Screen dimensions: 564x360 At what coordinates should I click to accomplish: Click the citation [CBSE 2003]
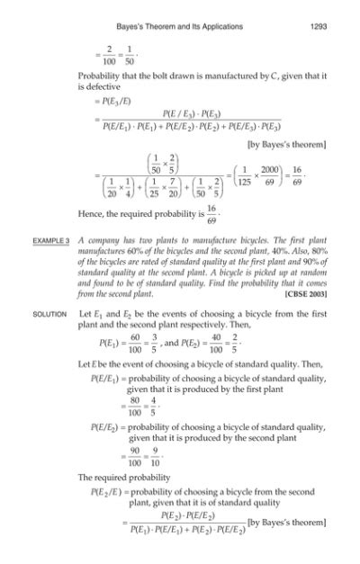pos(305,293)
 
